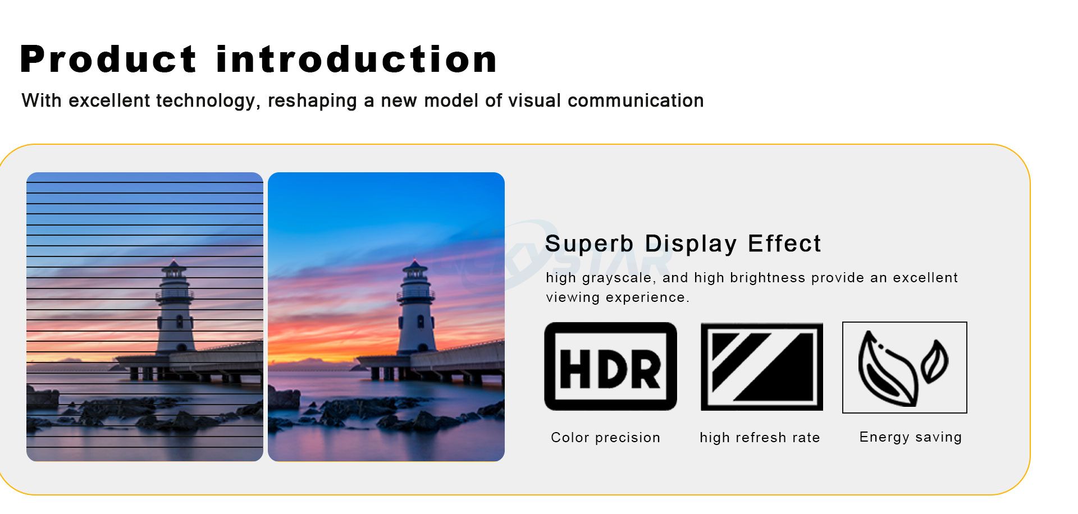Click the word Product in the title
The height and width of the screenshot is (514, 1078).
coord(108,59)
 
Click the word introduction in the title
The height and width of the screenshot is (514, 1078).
coord(357,59)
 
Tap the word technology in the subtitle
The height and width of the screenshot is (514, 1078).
coord(205,101)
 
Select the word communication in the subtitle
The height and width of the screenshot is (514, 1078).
coord(636,100)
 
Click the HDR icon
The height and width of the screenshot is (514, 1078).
coord(610,366)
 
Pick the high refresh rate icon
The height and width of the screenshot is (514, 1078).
coord(762,367)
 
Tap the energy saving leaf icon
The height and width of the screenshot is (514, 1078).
coord(905,368)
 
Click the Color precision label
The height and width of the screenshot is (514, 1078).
coord(605,438)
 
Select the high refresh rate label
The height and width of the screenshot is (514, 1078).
coord(760,438)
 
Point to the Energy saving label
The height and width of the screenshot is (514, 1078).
coord(910,437)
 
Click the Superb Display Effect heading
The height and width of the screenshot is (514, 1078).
coord(683,244)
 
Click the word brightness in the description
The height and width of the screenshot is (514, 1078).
coord(766,278)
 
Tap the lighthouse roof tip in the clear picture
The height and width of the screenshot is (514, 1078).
coord(414,260)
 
